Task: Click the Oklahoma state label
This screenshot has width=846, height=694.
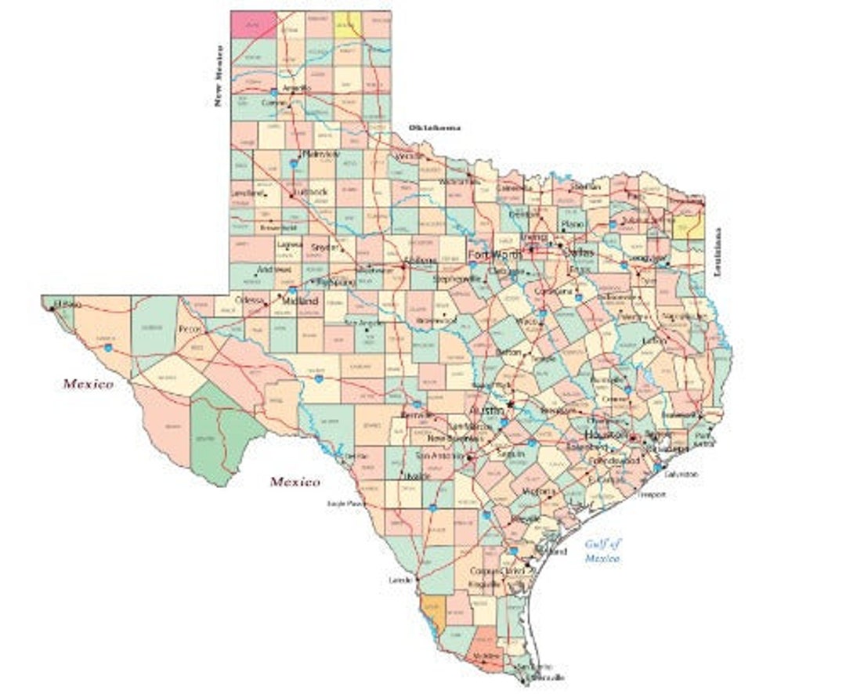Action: (434, 127)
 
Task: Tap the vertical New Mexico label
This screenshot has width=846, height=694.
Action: (221, 75)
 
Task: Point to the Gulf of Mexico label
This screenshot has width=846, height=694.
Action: (602, 551)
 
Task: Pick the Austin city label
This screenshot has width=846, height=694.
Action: (485, 410)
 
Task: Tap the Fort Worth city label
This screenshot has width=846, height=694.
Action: (495, 255)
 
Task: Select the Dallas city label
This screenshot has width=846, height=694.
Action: (579, 253)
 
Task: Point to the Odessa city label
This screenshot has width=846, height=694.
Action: (251, 300)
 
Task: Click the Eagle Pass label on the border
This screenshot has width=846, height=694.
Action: (345, 504)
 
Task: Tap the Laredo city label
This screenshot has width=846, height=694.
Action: (399, 580)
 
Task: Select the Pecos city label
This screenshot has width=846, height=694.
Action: (190, 329)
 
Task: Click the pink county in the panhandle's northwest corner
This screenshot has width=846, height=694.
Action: (253, 23)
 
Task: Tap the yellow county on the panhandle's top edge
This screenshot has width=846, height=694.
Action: (347, 23)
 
